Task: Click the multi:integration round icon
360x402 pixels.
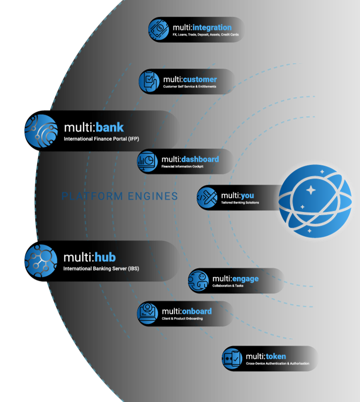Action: (159, 29)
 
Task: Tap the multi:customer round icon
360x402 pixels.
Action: (149, 81)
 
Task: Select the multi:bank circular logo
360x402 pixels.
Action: (41, 131)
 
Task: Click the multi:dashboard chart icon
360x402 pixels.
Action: (147, 161)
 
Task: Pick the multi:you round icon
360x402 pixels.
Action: (207, 198)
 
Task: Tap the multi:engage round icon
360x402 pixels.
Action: (198, 281)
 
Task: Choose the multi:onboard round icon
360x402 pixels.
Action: (148, 313)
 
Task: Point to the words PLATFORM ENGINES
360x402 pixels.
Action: (120, 197)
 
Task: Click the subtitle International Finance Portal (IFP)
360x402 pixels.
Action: (101, 139)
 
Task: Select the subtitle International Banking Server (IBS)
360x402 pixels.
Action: (101, 268)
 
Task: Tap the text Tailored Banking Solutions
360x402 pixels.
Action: (240, 202)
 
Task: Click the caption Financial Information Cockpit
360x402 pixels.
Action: (182, 167)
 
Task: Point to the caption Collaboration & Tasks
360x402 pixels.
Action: (229, 286)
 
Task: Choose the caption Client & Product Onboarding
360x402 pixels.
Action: (182, 319)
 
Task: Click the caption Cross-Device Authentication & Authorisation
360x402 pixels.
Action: (277, 364)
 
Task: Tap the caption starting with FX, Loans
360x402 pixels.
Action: (205, 35)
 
